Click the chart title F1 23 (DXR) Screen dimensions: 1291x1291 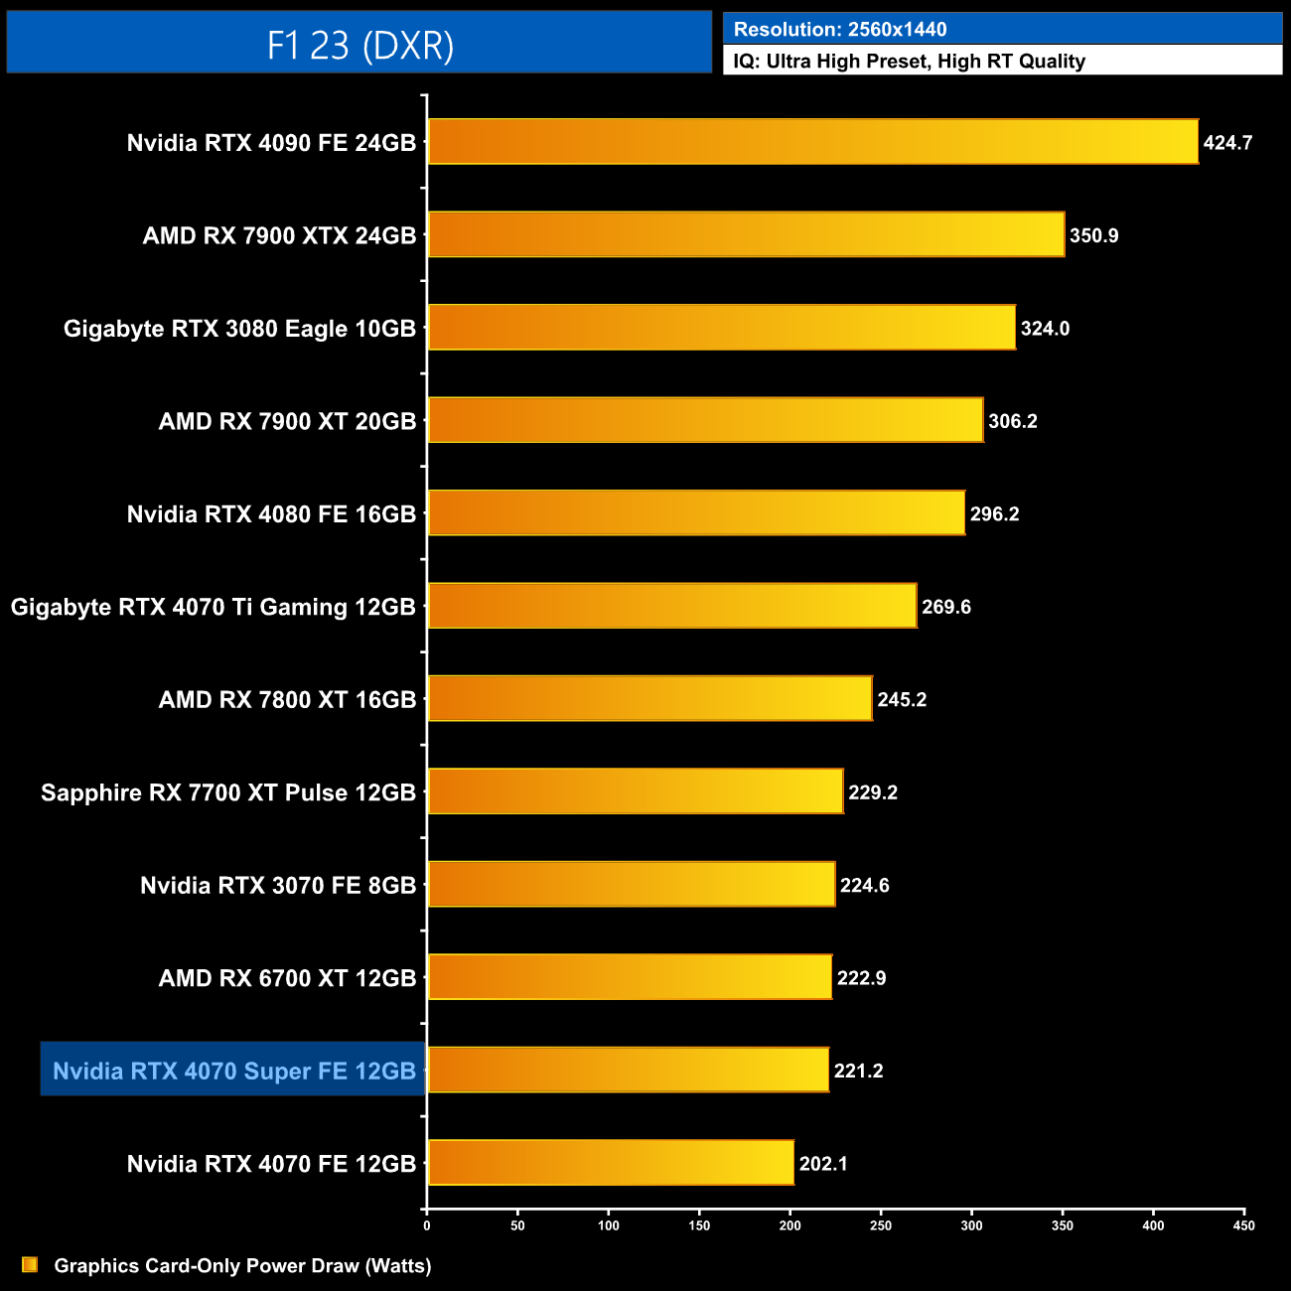pyautogui.click(x=359, y=45)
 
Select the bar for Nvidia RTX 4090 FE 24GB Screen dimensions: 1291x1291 pyautogui.click(x=812, y=142)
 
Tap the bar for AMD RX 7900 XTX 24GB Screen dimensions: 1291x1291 pyautogui.click(x=746, y=234)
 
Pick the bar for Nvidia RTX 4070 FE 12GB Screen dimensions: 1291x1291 pyautogui.click(x=611, y=1163)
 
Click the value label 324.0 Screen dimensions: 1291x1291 pyautogui.click(x=1045, y=329)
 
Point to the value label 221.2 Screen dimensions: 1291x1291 pyautogui.click(x=858, y=1071)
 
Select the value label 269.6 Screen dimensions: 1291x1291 pyautogui.click(x=945, y=607)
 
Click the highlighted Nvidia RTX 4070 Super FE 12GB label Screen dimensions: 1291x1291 pyautogui.click(x=233, y=1071)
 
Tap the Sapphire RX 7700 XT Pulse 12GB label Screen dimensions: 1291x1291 pyautogui.click(x=227, y=792)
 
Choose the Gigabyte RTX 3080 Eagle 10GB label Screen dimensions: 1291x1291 pyautogui.click(x=239, y=329)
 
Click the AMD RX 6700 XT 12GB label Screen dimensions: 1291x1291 pyautogui.click(x=287, y=978)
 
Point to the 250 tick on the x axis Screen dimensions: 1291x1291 pyautogui.click(x=881, y=1225)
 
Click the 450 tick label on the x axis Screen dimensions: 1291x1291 pyautogui.click(x=1243, y=1225)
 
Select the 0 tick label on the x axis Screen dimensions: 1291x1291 pyautogui.click(x=427, y=1225)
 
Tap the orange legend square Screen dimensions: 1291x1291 pyautogui.click(x=30, y=1264)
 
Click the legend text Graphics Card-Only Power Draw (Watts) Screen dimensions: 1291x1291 pyautogui.click(x=242, y=1265)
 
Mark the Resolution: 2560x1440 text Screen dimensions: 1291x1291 pyautogui.click(x=839, y=30)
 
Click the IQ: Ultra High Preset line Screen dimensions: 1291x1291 pyautogui.click(x=909, y=62)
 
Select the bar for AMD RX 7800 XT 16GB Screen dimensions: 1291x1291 pyautogui.click(x=649, y=699)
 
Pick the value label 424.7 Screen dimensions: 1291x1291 pyautogui.click(x=1227, y=143)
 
